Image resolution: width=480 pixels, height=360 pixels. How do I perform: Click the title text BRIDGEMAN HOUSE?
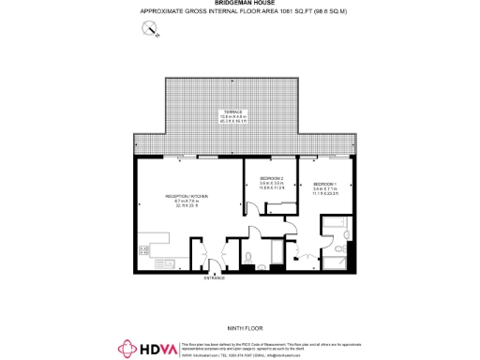(x=239, y=4)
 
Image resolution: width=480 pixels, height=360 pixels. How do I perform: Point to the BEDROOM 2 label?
(x=271, y=177)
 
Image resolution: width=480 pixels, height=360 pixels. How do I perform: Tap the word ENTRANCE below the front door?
(x=215, y=277)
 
